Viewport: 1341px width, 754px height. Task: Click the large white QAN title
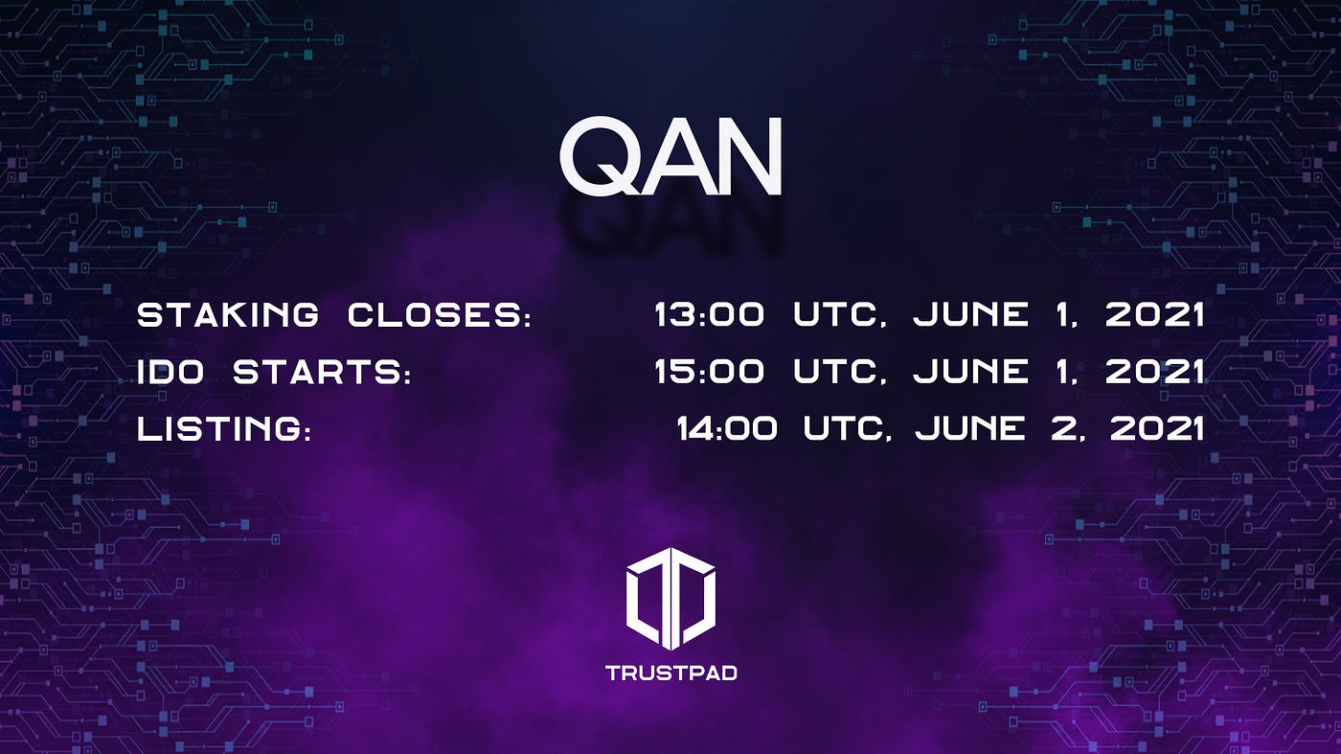click(x=670, y=156)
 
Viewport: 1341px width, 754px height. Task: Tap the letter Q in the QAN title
click(x=600, y=156)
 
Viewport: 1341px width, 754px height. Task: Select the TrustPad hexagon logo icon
click(x=670, y=598)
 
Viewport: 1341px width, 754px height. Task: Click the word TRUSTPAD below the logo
click(x=671, y=673)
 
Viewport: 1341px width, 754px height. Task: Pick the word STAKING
click(x=228, y=315)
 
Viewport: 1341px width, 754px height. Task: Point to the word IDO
click(x=170, y=372)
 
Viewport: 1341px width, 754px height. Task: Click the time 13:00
click(x=710, y=315)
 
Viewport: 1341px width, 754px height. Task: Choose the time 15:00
click(x=710, y=372)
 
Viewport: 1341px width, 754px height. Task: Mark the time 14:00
click(x=727, y=429)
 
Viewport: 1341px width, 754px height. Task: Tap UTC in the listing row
click(x=844, y=429)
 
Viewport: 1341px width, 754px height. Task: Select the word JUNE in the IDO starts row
click(x=971, y=372)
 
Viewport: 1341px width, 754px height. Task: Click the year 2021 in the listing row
click(x=1157, y=429)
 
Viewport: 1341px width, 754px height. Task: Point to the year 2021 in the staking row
click(x=1155, y=315)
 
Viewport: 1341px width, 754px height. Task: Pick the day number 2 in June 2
click(x=1064, y=429)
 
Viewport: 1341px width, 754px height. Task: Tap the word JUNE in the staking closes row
click(x=971, y=315)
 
